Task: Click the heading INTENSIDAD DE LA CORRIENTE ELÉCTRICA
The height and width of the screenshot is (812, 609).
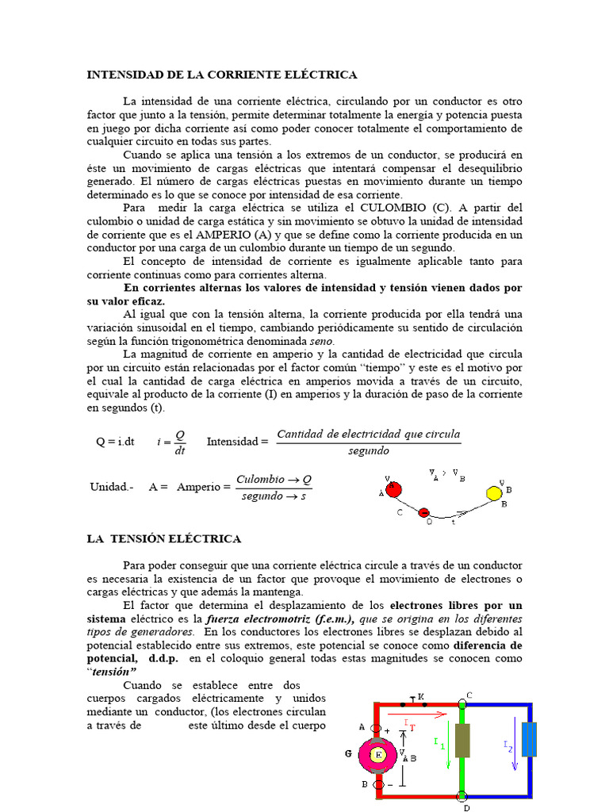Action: pyautogui.click(x=222, y=75)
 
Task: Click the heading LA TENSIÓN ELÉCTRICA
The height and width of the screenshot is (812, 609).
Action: pyautogui.click(x=163, y=539)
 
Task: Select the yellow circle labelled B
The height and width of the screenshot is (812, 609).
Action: pyautogui.click(x=494, y=493)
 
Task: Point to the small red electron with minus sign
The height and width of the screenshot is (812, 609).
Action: pyautogui.click(x=424, y=513)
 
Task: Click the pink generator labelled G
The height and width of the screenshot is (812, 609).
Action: pyautogui.click(x=378, y=755)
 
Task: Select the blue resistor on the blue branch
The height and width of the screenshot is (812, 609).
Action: pyautogui.click(x=530, y=739)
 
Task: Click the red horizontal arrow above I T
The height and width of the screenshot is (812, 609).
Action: pyautogui.click(x=420, y=714)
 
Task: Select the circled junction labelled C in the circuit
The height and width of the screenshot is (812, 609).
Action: pyautogui.click(x=462, y=703)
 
